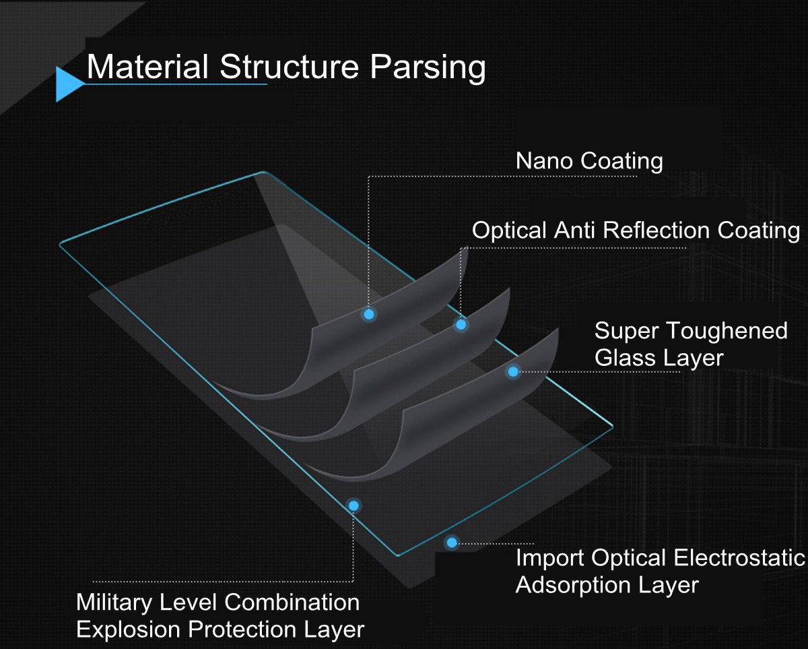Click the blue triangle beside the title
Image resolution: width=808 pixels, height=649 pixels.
[67, 84]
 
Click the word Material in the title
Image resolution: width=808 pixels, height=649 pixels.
[147, 67]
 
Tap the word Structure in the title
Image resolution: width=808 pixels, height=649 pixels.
[290, 67]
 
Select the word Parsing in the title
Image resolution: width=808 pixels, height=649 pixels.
[428, 68]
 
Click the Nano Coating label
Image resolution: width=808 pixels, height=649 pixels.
[589, 161]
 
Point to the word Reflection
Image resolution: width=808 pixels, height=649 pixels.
[656, 230]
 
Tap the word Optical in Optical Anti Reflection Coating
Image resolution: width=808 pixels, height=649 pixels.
[509, 230]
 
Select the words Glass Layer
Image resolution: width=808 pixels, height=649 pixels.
[659, 358]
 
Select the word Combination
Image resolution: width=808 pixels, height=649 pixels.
[292, 602]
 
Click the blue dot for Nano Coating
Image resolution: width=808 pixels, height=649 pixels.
[369, 314]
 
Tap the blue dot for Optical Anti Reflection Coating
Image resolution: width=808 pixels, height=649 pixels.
[461, 324]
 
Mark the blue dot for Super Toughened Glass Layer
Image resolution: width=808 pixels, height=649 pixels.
[513, 371]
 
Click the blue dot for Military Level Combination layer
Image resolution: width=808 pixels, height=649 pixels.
[353, 506]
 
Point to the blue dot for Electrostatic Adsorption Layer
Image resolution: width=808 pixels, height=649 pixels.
[452, 543]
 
